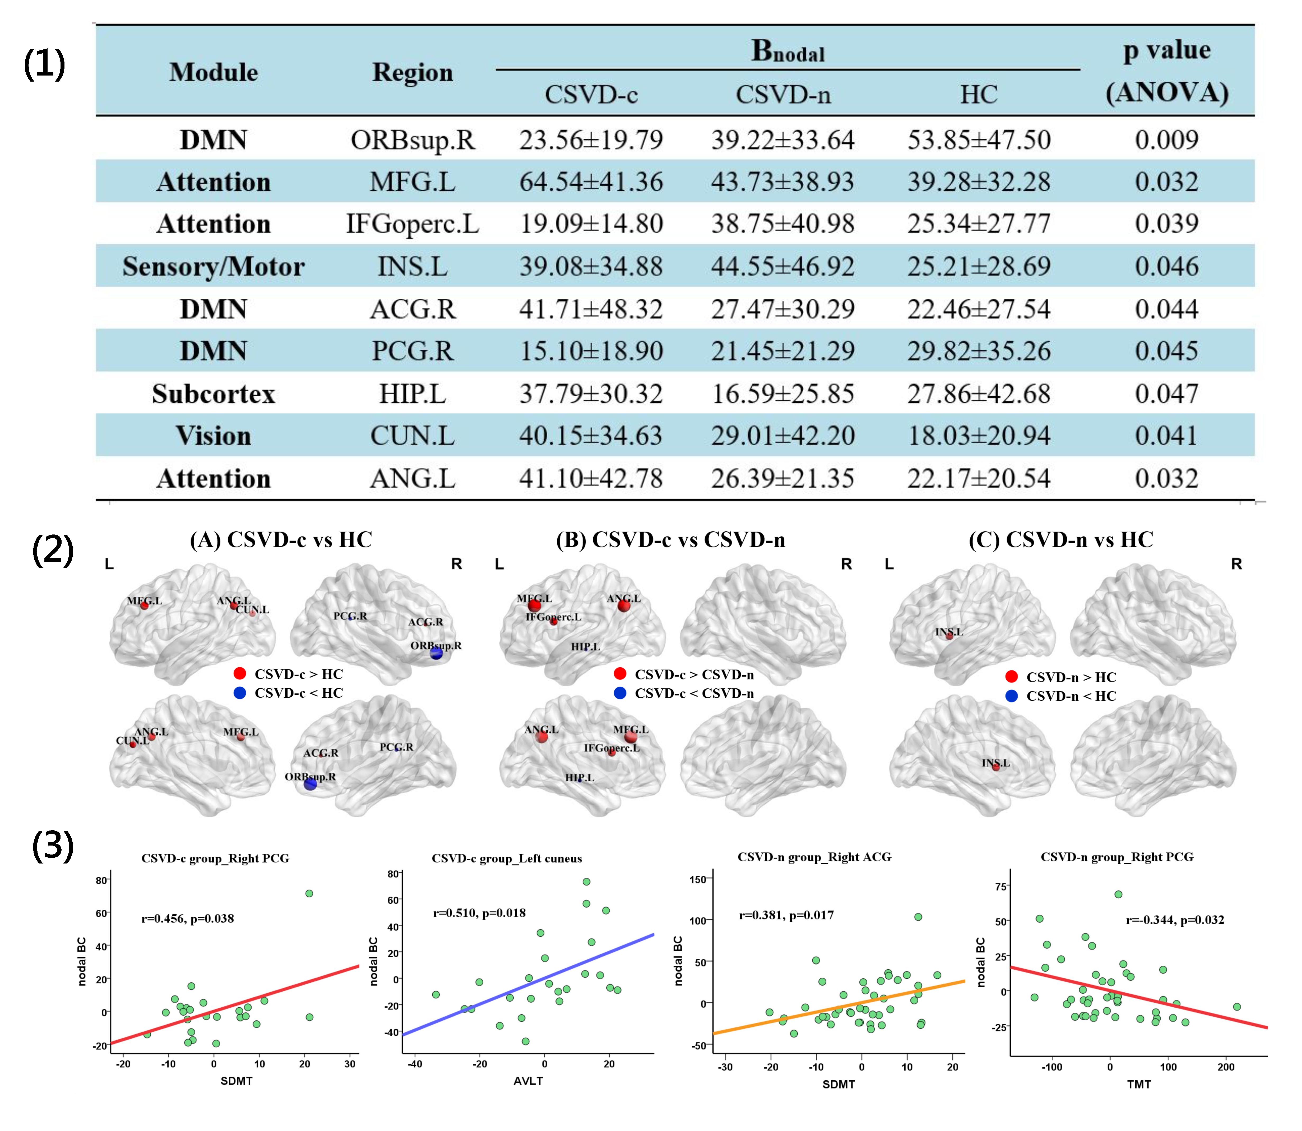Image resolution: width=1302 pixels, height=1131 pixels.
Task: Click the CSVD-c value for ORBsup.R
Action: coord(591,139)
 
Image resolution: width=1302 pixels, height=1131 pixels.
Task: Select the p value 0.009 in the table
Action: coord(1166,139)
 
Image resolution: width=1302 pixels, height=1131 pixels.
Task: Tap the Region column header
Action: coord(412,73)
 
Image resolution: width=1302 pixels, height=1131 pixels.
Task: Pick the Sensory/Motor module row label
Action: coord(214,266)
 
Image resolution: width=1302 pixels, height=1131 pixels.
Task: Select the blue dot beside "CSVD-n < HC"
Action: coord(1012,696)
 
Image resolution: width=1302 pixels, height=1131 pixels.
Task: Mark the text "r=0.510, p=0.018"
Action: coord(479,913)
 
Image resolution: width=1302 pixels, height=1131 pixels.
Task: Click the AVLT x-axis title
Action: coord(528,1081)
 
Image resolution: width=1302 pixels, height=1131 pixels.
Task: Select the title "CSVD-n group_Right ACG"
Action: coord(814,857)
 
